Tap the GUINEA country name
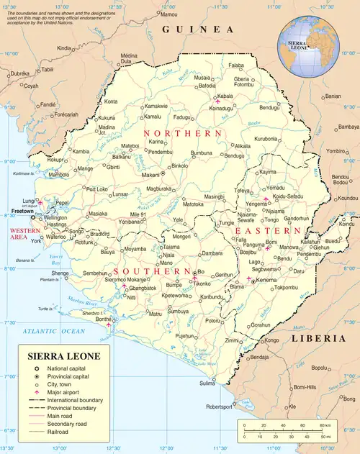(198, 29)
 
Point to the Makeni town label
(149, 175)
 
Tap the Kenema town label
(266, 280)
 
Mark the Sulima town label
(207, 383)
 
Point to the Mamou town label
(168, 14)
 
